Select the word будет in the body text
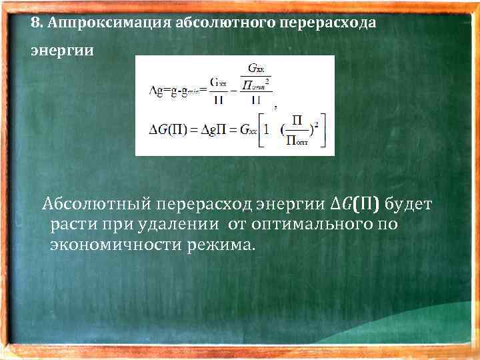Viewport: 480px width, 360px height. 409,203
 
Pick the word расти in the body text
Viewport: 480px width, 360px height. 71,224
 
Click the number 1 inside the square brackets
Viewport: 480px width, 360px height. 267,128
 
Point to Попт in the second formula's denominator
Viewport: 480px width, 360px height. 297,139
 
